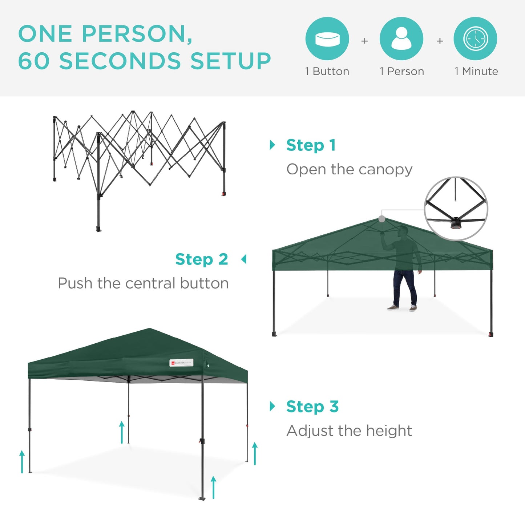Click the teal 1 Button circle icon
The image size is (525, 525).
coord(327,39)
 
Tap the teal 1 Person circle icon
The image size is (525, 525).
coord(401,39)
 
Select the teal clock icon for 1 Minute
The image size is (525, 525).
coord(475,39)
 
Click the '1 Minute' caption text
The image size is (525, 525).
coord(476,71)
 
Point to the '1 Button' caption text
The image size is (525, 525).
coord(327,71)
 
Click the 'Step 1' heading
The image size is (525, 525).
coord(311,145)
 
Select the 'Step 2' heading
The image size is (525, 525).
coord(202,259)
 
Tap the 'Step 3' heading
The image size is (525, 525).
coord(312,406)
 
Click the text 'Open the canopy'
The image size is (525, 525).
coord(349,169)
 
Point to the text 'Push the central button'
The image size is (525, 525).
coord(143,283)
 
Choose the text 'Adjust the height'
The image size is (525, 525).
coord(349,431)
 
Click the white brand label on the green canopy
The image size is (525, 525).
coord(181,363)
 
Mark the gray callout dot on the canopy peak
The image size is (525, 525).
coord(381,219)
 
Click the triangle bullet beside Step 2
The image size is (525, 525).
coord(244,259)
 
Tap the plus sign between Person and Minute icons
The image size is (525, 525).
coord(440,41)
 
